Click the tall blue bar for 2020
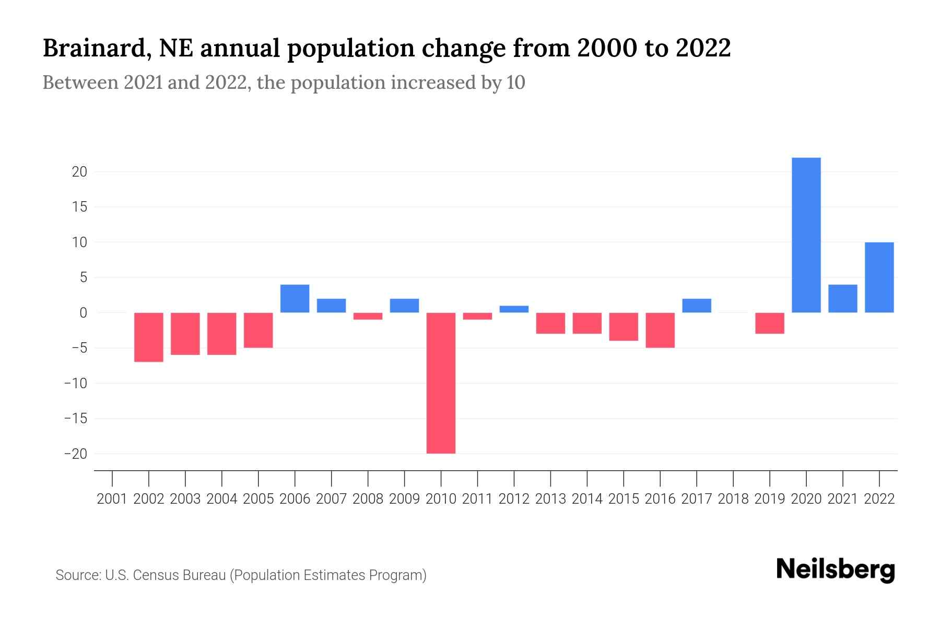(806, 235)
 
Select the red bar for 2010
(441, 383)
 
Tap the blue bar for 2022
(879, 277)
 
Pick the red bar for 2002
(149, 337)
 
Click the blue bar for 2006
(295, 298)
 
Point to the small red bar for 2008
(368, 316)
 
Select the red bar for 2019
(769, 323)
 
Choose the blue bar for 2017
(697, 306)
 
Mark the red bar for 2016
(660, 330)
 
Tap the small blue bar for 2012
(514, 309)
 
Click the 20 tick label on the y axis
(79, 172)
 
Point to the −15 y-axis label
(76, 419)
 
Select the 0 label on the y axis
(83, 313)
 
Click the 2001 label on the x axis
(112, 499)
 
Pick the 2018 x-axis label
(733, 499)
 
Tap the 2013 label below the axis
(550, 499)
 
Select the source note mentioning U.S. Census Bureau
(241, 575)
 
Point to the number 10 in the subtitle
(515, 83)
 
